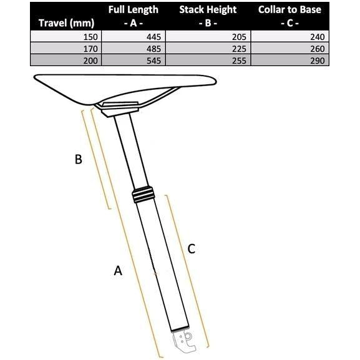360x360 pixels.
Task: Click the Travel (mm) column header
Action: (x=66, y=23)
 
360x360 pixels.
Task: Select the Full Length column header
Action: (x=134, y=16)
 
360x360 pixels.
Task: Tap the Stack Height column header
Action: (x=208, y=16)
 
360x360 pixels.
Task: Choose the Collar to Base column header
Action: (x=289, y=16)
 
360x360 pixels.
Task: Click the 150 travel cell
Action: (x=90, y=37)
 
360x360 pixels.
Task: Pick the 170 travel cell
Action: (x=90, y=49)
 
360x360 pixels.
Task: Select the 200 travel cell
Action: (x=90, y=61)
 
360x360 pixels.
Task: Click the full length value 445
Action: (x=154, y=37)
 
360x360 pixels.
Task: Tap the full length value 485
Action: (x=154, y=49)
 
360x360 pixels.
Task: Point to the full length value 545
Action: (x=154, y=61)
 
